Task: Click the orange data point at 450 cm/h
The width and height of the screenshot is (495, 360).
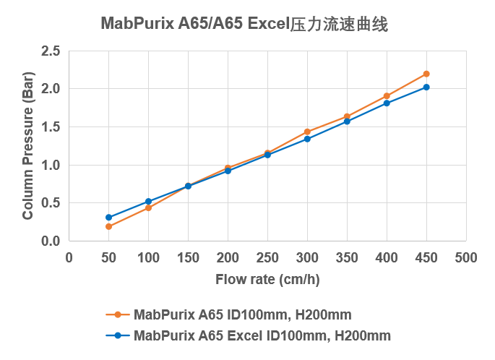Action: point(426,74)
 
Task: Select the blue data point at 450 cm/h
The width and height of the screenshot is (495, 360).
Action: point(426,87)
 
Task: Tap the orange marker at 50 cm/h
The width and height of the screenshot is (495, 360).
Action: point(108,226)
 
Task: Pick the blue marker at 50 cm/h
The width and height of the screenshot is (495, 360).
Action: point(108,218)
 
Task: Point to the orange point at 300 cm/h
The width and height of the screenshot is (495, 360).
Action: point(307,132)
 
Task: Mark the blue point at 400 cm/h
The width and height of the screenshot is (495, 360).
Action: point(387,103)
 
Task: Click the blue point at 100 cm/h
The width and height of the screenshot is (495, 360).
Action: point(148,202)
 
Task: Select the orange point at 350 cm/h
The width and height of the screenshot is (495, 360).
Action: point(347,116)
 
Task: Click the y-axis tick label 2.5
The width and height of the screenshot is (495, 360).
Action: point(51,51)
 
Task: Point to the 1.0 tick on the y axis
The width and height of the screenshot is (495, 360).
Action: point(51,165)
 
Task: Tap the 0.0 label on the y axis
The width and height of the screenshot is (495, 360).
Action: point(51,241)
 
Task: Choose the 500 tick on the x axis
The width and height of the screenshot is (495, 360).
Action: point(466,257)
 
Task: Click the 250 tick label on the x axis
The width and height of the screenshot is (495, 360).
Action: point(267,257)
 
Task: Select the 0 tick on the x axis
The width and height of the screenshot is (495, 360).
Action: point(69,257)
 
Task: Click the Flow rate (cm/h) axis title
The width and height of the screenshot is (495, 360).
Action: point(267,280)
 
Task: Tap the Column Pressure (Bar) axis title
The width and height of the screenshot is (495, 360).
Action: point(28,146)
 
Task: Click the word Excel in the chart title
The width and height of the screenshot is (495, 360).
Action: point(268,25)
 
